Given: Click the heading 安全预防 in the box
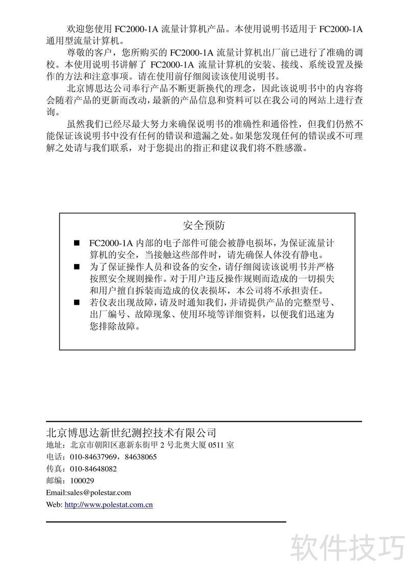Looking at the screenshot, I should point(203,225).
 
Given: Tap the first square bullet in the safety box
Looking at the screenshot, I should point(77,242).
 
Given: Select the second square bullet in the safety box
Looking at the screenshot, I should point(77,267).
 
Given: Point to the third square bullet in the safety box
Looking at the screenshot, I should point(77,303).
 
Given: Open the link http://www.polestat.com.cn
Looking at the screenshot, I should point(109,505).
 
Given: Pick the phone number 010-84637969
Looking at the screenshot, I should point(93,457).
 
